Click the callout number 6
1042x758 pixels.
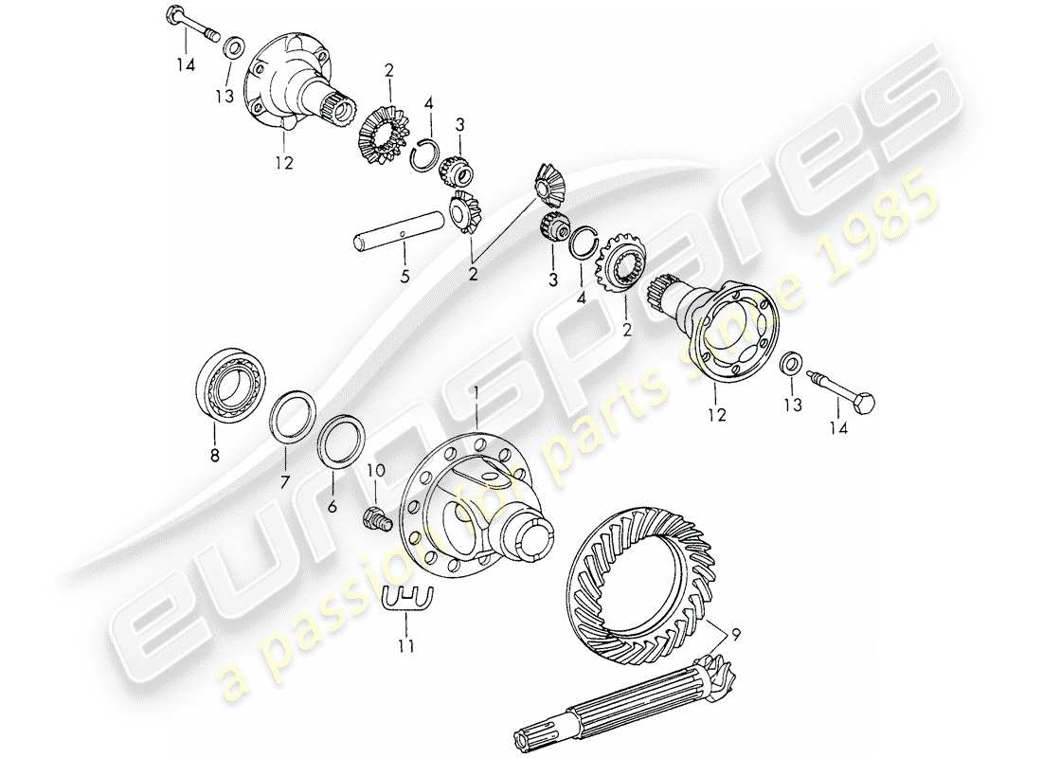332,507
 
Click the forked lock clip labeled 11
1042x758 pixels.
404,599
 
